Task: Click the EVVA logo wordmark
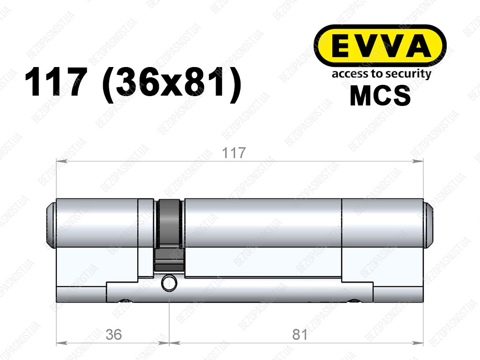380,46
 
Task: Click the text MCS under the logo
380,96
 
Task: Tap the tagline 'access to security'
382,74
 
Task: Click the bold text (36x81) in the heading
172,84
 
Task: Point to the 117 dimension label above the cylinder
233,153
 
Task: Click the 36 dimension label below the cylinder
113,334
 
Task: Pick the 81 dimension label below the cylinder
300,334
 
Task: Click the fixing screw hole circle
169,283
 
